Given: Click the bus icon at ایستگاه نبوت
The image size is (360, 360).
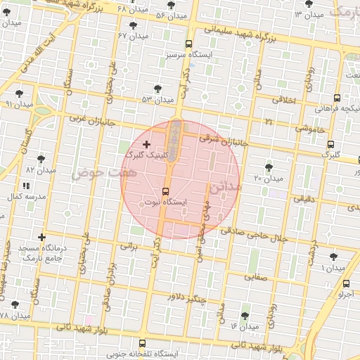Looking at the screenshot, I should (x=166, y=191).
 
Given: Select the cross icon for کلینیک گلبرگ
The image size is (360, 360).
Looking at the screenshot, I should (x=146, y=143).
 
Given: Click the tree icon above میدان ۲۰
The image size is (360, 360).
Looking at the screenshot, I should (x=269, y=167).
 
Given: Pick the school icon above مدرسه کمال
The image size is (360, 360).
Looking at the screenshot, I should (x=26, y=186).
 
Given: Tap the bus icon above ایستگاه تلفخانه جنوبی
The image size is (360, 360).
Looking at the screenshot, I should (x=143, y=343).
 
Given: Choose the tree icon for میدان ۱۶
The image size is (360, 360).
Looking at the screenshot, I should (x=245, y=316).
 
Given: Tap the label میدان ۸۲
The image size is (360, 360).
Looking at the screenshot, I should (x=40, y=169).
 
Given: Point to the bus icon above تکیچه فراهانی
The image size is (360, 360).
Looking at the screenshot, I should (x=337, y=98).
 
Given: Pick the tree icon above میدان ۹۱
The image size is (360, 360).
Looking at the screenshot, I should (x=18, y=93).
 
